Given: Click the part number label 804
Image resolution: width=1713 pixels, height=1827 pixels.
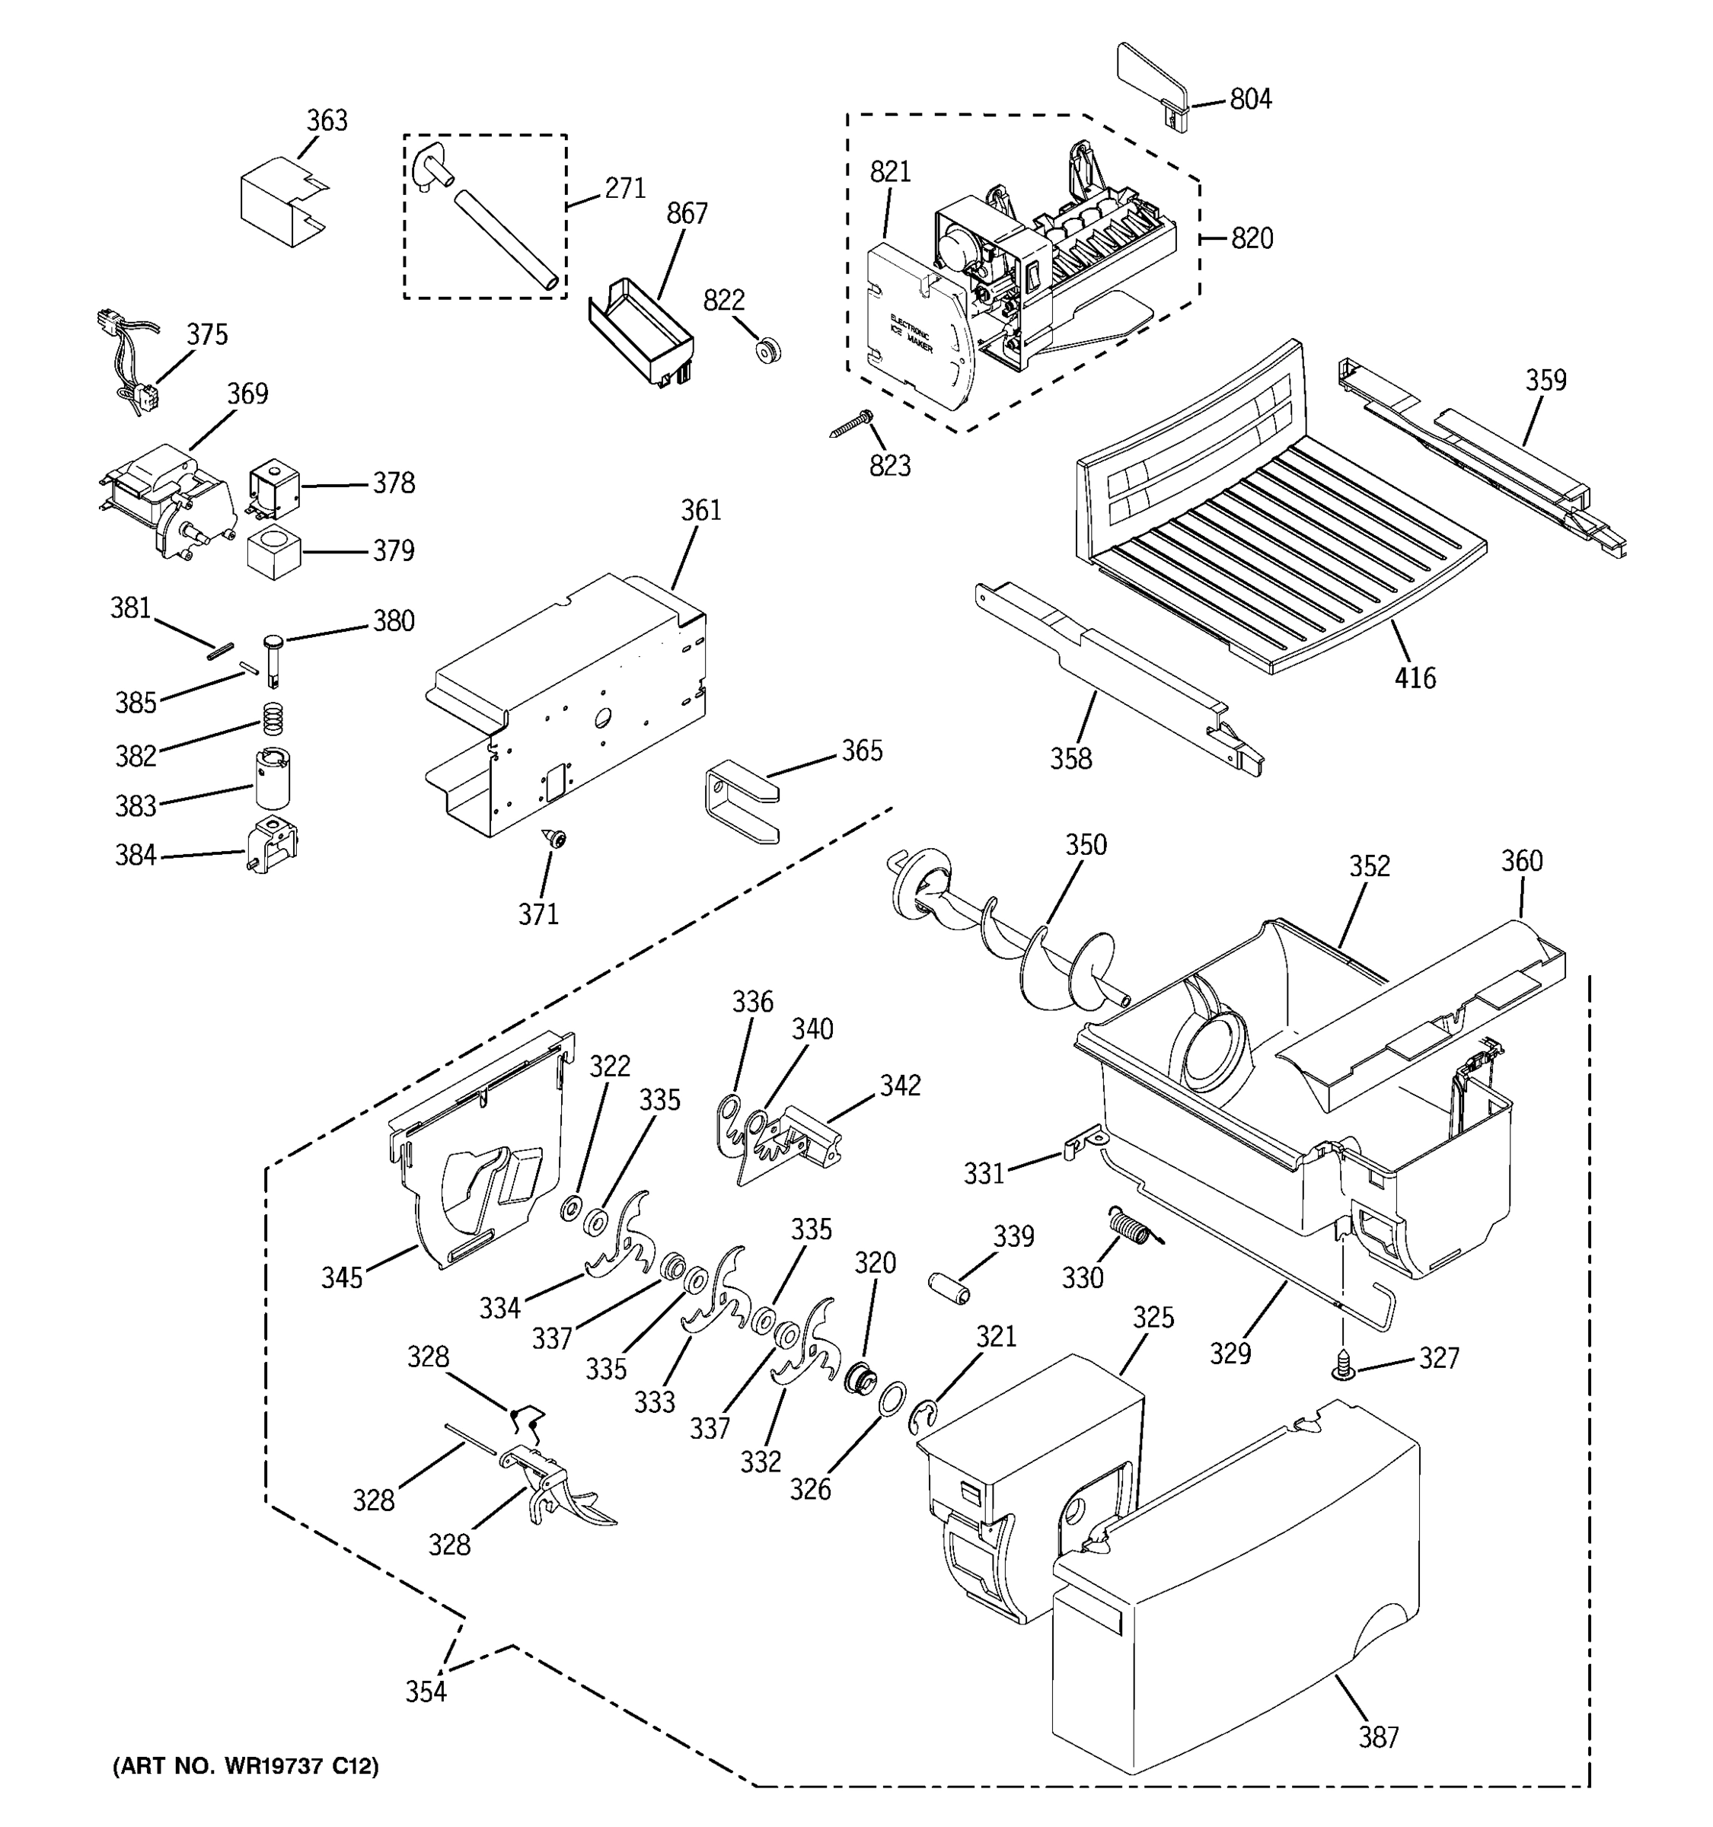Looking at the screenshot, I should tap(1250, 98).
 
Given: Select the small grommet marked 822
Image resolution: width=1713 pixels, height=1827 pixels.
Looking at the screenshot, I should tap(767, 350).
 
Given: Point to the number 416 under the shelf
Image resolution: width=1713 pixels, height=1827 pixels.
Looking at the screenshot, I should tap(1415, 678).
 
